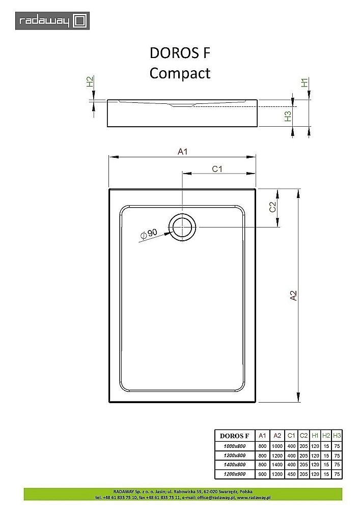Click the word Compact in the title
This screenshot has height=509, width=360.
(180, 73)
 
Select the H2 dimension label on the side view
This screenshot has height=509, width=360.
(90, 81)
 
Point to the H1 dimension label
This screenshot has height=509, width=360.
(304, 83)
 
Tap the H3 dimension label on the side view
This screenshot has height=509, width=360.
(288, 116)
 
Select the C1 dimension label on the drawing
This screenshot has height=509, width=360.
(218, 169)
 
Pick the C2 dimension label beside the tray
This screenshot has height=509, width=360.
(272, 207)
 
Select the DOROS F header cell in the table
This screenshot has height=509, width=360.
(234, 436)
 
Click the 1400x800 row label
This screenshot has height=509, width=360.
(234, 464)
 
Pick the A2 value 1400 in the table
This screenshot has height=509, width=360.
(277, 464)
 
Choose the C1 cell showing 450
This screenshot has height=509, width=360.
(291, 474)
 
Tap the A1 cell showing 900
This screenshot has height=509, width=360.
(262, 474)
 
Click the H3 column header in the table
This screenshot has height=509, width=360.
(336, 436)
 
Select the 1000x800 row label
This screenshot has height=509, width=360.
(234, 445)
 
